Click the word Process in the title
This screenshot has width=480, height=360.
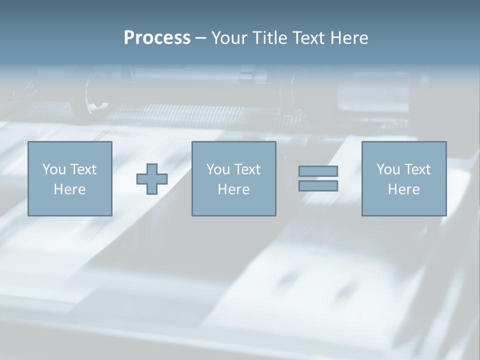tap(157, 38)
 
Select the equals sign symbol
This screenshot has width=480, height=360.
tap(318, 178)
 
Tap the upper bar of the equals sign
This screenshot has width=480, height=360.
tap(318, 171)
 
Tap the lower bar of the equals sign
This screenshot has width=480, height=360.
tap(318, 185)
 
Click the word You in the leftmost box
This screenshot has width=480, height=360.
tap(54, 169)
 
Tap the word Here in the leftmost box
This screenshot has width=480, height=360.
tap(69, 189)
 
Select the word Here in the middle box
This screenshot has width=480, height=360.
tap(233, 189)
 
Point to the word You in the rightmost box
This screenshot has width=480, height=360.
tap(388, 169)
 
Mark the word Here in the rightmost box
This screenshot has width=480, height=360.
tap(403, 189)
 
